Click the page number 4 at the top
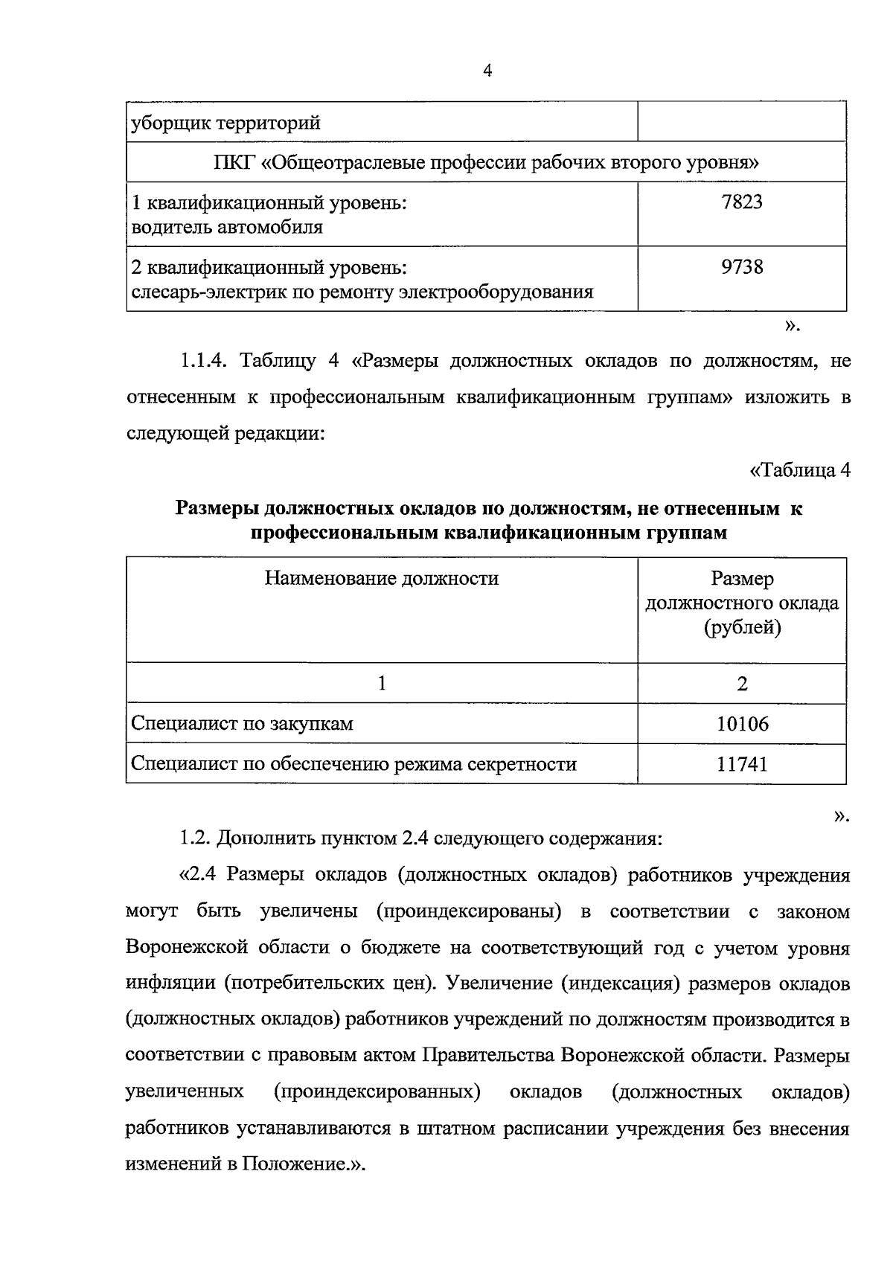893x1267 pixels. (x=487, y=71)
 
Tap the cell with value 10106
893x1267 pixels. (x=742, y=723)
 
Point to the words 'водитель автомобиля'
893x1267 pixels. (x=227, y=227)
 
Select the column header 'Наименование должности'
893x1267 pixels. (x=381, y=578)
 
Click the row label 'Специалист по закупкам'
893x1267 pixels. (x=242, y=723)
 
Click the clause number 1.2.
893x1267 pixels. (x=194, y=838)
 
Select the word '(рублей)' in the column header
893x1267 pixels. (x=742, y=628)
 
